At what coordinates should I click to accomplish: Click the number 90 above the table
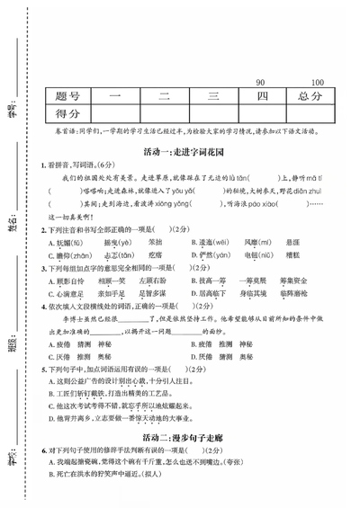pos(260,82)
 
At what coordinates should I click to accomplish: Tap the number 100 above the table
pos(316,82)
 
